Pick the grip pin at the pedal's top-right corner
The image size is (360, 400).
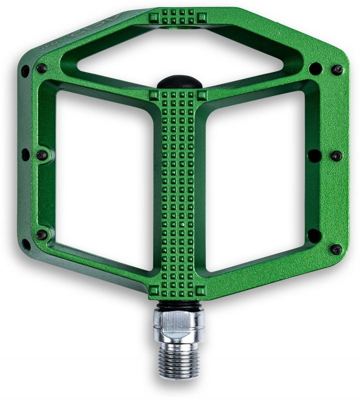(338, 68)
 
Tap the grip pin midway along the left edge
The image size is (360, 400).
(42, 154)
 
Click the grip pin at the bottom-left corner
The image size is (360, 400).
(41, 234)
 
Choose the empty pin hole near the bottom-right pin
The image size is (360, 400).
(314, 235)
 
